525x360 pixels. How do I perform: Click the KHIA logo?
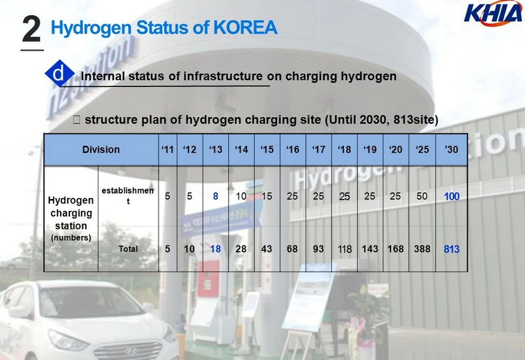pyautogui.click(x=492, y=13)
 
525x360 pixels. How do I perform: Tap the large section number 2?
pyautogui.click(x=31, y=29)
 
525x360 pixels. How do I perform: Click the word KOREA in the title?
pyautogui.click(x=245, y=28)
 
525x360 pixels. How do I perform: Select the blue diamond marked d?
pyautogui.click(x=60, y=73)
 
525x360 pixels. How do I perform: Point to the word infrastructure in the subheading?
pyautogui.click(x=222, y=76)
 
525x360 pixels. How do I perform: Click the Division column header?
pyautogui.click(x=101, y=149)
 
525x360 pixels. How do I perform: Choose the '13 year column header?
pyautogui.click(x=216, y=149)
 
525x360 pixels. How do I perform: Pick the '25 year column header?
pyautogui.click(x=422, y=149)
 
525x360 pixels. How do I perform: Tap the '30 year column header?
pyautogui.click(x=451, y=149)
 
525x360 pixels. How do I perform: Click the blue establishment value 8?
pyautogui.click(x=216, y=196)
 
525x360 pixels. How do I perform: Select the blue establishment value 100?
pyautogui.click(x=451, y=197)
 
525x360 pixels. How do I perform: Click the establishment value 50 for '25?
pyautogui.click(x=422, y=196)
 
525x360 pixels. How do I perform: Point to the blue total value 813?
pyautogui.click(x=451, y=249)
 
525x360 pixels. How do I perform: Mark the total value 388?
pyautogui.click(x=422, y=249)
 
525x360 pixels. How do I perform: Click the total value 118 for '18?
pyautogui.click(x=345, y=249)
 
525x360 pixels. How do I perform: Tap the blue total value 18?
pyautogui.click(x=216, y=249)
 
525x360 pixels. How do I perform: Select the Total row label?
pyautogui.click(x=128, y=249)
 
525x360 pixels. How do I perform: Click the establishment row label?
pyautogui.click(x=128, y=195)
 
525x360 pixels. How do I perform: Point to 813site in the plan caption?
pyautogui.click(x=415, y=120)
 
